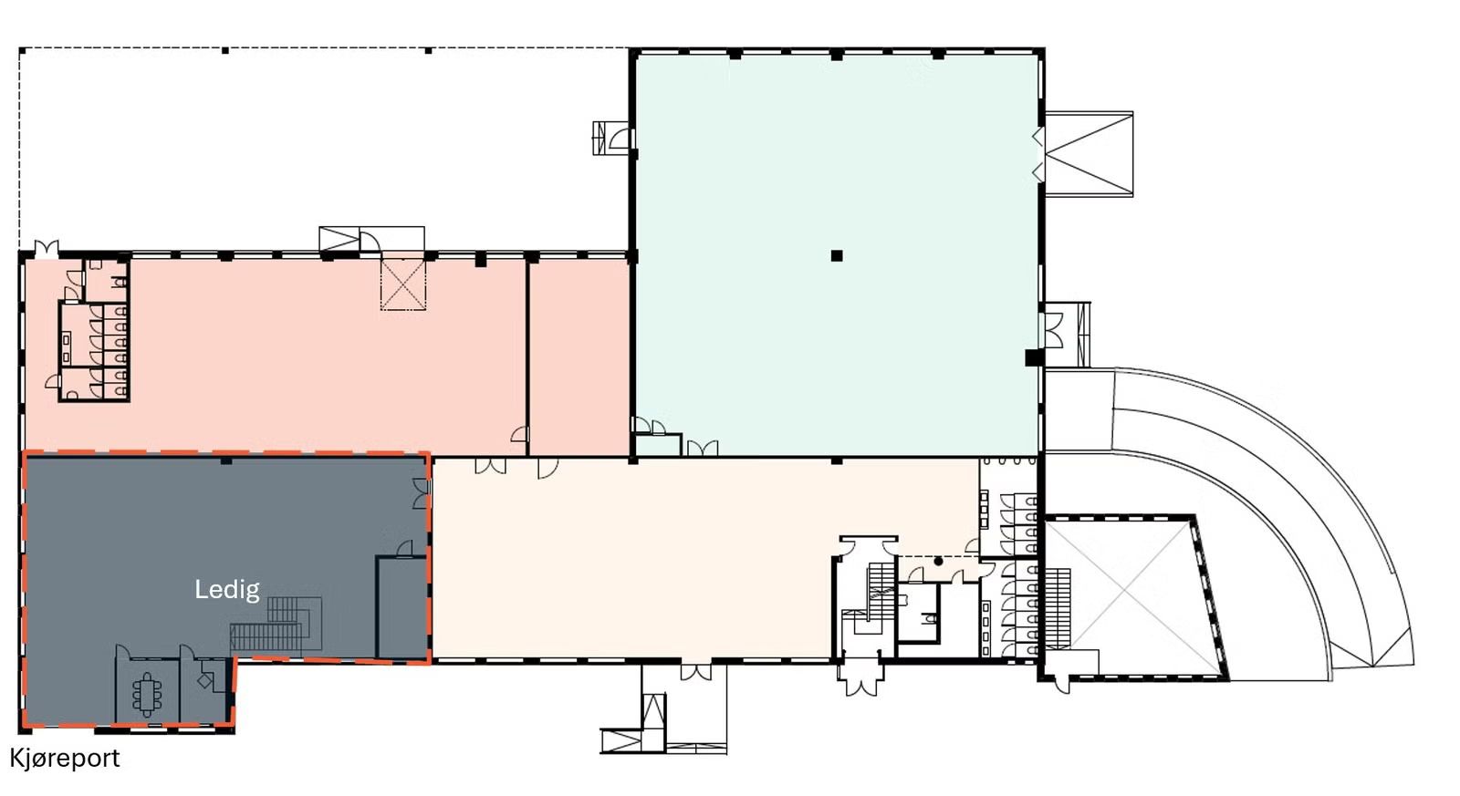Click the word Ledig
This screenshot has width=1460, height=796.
pos(227,589)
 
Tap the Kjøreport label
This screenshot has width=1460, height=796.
pos(65,758)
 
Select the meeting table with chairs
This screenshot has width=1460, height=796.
pos(147,695)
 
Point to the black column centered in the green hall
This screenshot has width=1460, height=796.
pos(836,256)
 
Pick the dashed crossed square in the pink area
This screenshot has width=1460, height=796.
pos(402,284)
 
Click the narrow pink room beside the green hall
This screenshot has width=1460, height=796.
pos(579,356)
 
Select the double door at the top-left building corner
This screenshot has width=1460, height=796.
pos(46,247)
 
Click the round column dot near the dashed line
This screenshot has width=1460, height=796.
pos(938,561)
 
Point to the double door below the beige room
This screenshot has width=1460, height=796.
pos(696,672)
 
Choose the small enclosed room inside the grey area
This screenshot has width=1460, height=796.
pos(401,605)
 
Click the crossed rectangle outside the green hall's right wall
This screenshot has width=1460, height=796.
pos(1089,152)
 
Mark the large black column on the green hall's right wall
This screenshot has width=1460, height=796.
pos(1032,357)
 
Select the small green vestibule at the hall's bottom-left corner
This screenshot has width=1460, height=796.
pos(657,445)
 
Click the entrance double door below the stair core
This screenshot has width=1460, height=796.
pos(860,680)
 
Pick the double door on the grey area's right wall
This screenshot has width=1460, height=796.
pos(421,493)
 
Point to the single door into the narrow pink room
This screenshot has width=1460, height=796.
pos(520,435)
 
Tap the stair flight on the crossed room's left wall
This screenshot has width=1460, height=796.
pos(1057,596)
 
